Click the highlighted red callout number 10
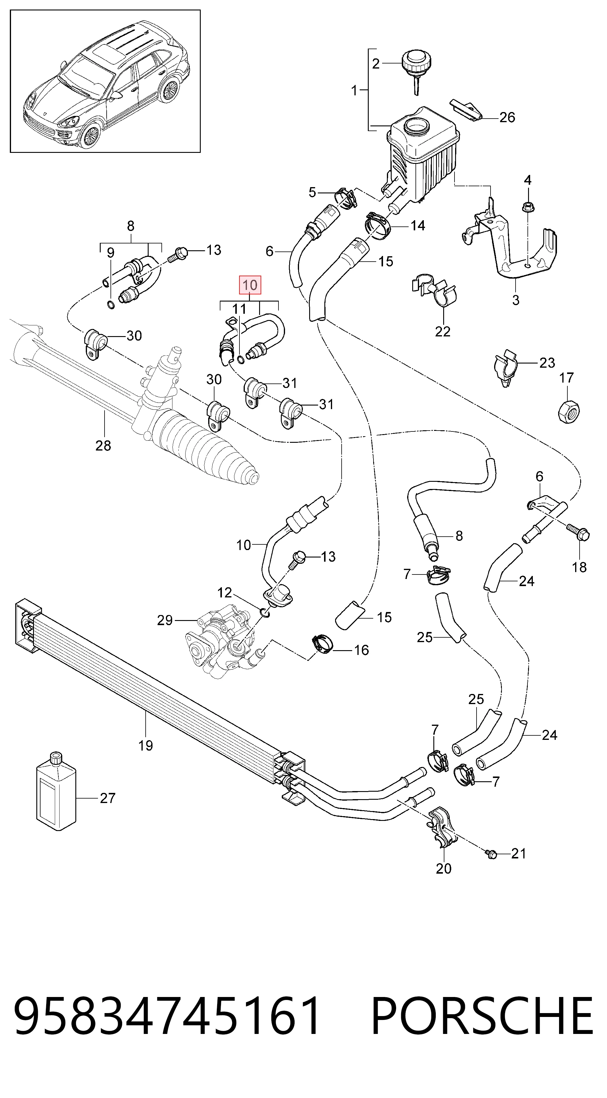click(250, 285)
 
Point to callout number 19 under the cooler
click(146, 746)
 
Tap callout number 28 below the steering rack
click(103, 446)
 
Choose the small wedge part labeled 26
click(466, 109)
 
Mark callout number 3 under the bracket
click(516, 300)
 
